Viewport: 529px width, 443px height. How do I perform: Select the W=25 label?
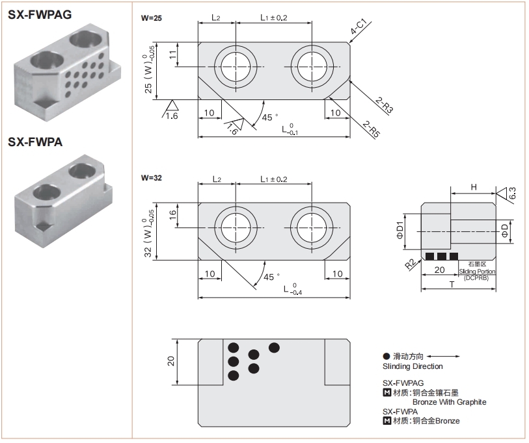click(x=152, y=18)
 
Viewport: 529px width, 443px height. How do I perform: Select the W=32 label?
click(x=152, y=177)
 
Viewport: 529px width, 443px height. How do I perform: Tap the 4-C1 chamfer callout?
click(x=359, y=27)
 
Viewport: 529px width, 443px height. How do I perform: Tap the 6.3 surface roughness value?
click(x=511, y=193)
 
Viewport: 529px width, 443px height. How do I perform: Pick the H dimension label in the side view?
click(x=474, y=187)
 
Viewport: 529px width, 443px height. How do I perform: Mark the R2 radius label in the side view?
click(x=409, y=264)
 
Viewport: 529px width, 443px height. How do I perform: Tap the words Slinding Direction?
click(x=413, y=366)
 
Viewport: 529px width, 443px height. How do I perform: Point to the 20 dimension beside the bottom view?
click(x=171, y=361)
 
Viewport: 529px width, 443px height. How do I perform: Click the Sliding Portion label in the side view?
click(x=477, y=272)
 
